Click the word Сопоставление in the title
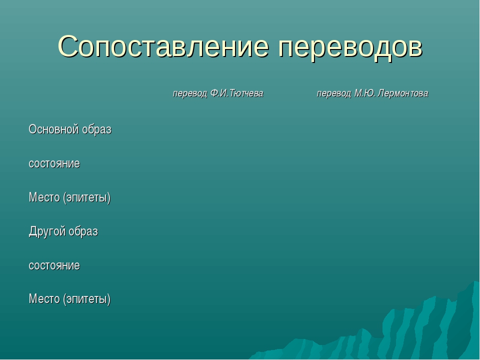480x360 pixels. pyautogui.click(x=163, y=46)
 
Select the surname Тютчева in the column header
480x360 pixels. pyautogui.click(x=246, y=93)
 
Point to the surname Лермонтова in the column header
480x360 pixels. pyautogui.click(x=403, y=93)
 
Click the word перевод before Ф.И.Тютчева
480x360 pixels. pyautogui.click(x=190, y=93)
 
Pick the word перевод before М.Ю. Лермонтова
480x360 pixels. pyautogui.click(x=333, y=93)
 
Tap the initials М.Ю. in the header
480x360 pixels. pyautogui.click(x=365, y=93)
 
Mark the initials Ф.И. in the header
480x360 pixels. pyautogui.click(x=219, y=93)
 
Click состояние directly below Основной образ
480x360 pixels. pyautogui.click(x=54, y=163)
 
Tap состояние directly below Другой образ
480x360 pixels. pyautogui.click(x=54, y=265)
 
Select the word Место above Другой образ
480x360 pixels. pyautogui.click(x=44, y=197)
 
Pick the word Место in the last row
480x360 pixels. pyautogui.click(x=44, y=299)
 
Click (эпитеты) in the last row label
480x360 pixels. pyautogui.click(x=87, y=299)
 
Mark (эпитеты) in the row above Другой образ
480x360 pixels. pyautogui.click(x=87, y=198)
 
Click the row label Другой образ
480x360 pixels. pyautogui.click(x=63, y=231)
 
